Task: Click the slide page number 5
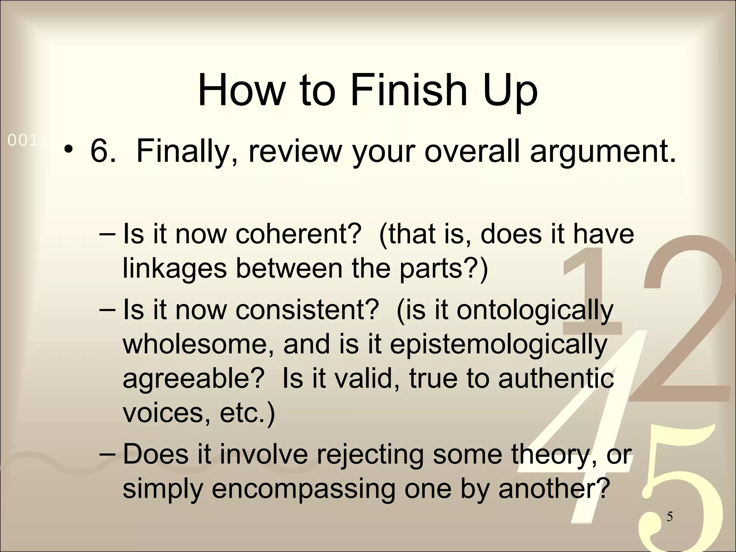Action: click(x=670, y=517)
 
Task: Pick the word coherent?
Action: click(x=298, y=234)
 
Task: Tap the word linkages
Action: click(x=175, y=268)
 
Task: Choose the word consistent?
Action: click(x=307, y=309)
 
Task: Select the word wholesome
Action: click(x=200, y=344)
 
